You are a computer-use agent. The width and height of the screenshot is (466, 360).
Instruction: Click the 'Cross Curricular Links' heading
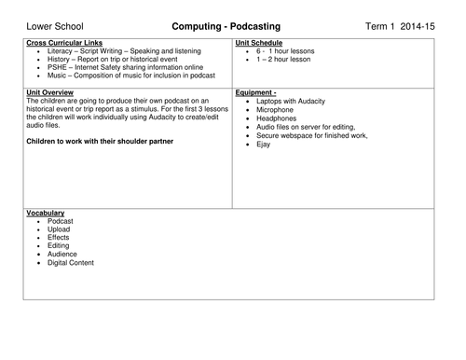tap(66, 43)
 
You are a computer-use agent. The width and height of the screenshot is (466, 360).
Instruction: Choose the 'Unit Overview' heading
tap(53, 93)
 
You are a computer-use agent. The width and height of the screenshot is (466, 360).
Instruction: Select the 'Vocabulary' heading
tap(48, 214)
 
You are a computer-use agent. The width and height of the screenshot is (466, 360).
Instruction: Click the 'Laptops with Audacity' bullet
tap(294, 102)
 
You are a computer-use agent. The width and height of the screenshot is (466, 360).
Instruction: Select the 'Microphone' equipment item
tap(277, 110)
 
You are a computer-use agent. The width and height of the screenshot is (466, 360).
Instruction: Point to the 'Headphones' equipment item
tap(278, 118)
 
